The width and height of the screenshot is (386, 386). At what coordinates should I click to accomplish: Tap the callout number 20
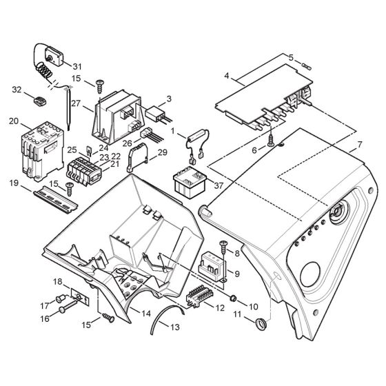[14, 121]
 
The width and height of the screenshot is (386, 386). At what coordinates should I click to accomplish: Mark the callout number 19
[14, 185]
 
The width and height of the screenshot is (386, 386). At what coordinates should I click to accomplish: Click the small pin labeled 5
[308, 68]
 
